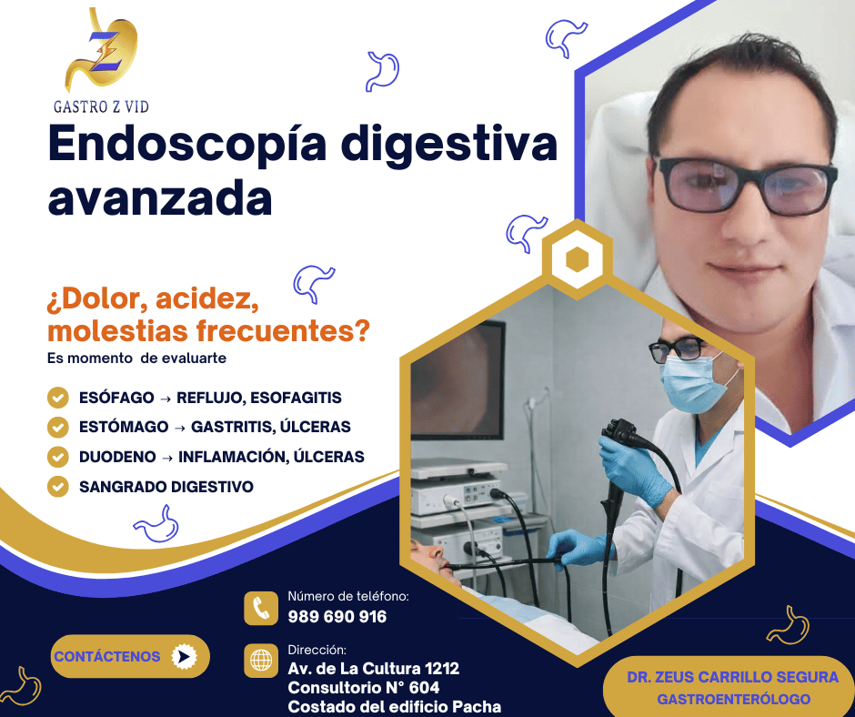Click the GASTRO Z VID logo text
click(101, 106)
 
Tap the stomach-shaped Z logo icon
click(102, 52)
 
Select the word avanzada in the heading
click(160, 199)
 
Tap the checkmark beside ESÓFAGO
click(58, 398)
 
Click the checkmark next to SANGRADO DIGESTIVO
click(58, 486)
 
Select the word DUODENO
click(117, 457)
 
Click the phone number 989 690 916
click(337, 617)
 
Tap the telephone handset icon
click(261, 608)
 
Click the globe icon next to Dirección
click(261, 661)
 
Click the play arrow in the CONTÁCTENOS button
click(184, 656)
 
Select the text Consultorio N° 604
click(363, 688)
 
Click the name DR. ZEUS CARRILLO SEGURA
click(732, 678)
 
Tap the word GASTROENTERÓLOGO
click(733, 700)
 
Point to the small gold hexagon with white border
click(577, 260)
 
